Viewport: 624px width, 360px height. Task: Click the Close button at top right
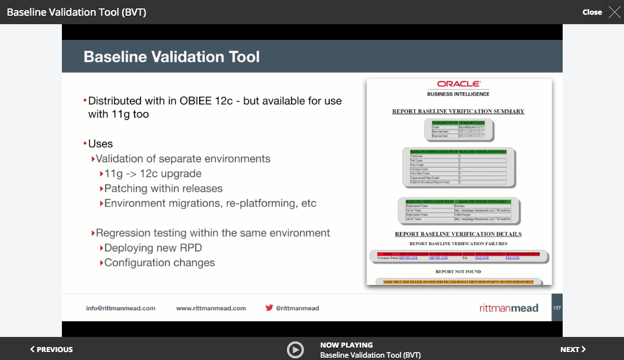(592, 12)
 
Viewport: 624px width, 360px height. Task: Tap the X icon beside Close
(614, 12)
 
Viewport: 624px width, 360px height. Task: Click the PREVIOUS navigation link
(51, 349)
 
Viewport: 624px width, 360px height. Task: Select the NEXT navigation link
(573, 349)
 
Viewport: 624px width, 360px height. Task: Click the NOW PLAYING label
(346, 345)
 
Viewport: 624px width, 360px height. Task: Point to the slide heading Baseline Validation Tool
(172, 57)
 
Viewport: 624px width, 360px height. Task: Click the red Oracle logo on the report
(458, 84)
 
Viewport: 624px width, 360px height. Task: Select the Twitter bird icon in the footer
(270, 308)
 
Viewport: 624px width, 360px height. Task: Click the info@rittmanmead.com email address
(120, 308)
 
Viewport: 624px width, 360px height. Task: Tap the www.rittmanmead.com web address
(211, 308)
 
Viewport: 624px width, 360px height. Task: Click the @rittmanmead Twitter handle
(298, 308)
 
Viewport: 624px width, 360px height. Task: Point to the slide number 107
(556, 308)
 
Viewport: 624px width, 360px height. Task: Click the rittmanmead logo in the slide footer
(509, 308)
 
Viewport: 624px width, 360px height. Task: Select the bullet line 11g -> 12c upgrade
(152, 174)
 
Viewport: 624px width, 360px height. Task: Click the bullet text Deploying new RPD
(152, 248)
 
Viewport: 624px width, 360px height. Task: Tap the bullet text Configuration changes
(159, 263)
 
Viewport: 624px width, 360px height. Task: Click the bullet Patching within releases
(163, 188)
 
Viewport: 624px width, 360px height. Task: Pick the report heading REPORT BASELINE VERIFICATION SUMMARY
(458, 111)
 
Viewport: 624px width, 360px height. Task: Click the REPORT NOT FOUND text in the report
(458, 272)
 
